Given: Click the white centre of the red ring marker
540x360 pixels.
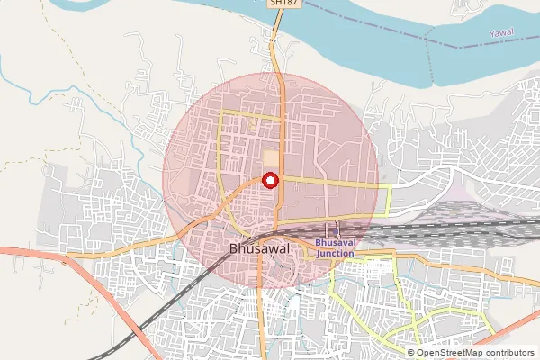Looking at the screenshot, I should click(269, 180).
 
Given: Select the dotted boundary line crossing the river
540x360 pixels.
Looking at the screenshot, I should click(429, 63).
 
